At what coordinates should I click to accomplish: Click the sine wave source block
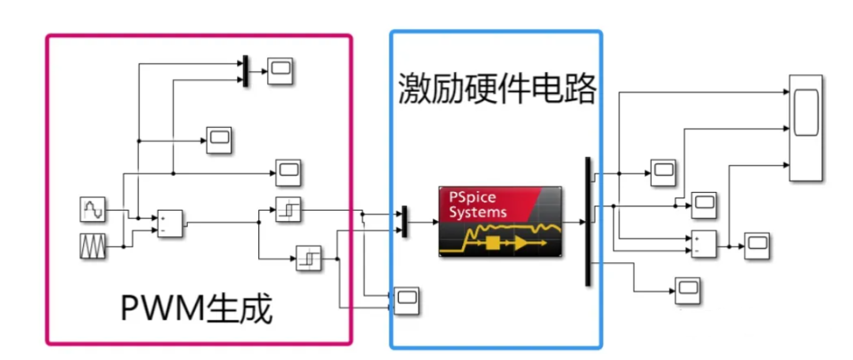click(92, 210)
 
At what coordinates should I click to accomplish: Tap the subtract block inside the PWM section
click(169, 223)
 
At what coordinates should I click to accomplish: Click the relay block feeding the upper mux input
click(288, 210)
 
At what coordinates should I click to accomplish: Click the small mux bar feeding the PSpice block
click(404, 221)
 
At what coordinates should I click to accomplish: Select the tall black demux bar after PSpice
click(588, 221)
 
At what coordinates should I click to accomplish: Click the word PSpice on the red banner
click(469, 198)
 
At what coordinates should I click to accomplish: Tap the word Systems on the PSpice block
click(478, 212)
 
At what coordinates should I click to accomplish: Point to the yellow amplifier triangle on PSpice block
click(522, 244)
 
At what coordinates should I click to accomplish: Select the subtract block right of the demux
click(703, 245)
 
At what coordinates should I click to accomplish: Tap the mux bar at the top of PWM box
click(246, 71)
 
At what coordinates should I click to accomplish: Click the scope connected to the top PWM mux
click(279, 72)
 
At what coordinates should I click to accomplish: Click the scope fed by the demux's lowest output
click(686, 291)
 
